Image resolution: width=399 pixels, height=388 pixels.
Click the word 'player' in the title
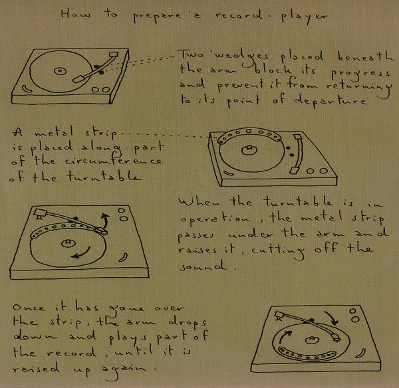pos(305,17)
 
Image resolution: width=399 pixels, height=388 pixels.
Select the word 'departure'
pos(330,101)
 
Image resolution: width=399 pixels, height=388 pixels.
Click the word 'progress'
pos(360,74)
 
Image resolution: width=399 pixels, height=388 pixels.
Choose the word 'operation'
pos(215,219)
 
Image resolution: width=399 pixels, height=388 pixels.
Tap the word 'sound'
pos(203,266)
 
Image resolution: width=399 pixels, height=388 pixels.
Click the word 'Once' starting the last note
pos(29,307)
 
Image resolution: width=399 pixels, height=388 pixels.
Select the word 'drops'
pos(188,322)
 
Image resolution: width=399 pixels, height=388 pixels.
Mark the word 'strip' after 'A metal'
pos(101,134)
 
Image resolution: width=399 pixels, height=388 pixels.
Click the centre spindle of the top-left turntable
pos(61,71)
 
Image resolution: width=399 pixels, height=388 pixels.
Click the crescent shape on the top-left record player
pos(27,88)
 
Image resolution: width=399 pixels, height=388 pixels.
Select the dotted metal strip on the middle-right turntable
pos(249,134)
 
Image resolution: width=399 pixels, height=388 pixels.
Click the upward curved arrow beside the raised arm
pos(104,220)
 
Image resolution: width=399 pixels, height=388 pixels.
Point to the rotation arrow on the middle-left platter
pos(82,253)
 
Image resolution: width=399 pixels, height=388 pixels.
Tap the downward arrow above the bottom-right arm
pos(332,318)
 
